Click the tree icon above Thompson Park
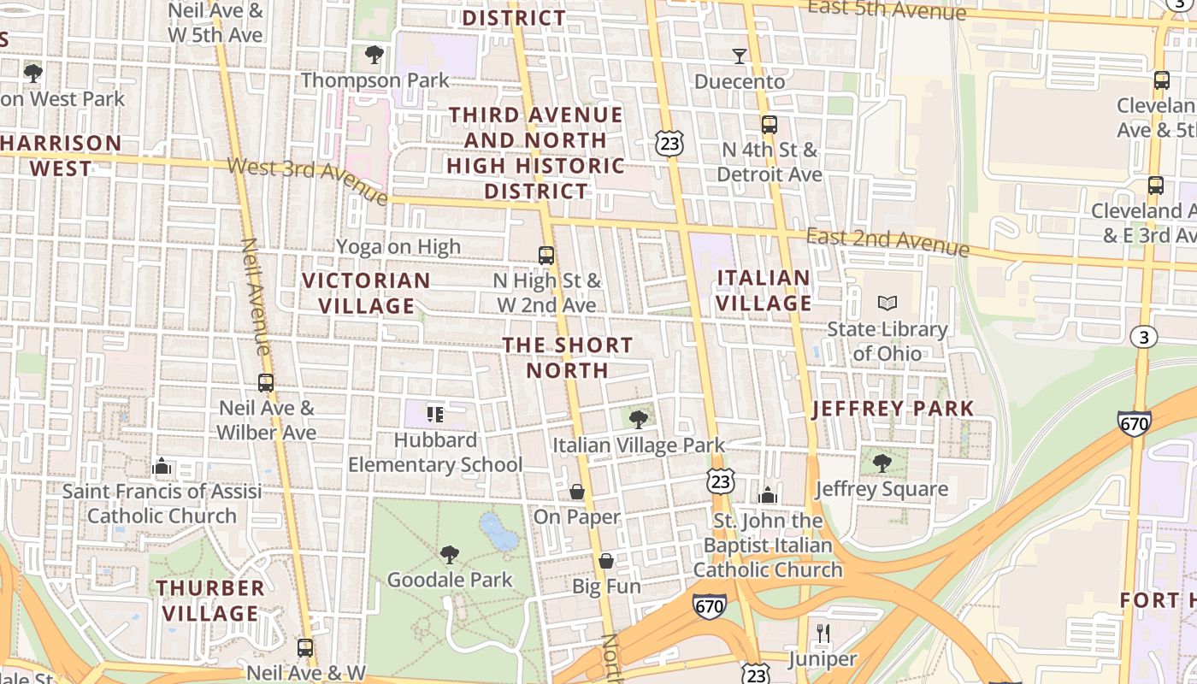pos(374,56)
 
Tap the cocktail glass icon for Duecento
pos(740,56)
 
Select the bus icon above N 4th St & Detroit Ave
pos(769,125)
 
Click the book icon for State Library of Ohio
pos(887,304)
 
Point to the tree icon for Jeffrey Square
pos(882,463)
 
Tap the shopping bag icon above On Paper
pos(577,492)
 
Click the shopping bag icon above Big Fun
pos(606,562)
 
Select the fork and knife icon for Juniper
pos(823,634)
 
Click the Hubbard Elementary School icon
pos(435,415)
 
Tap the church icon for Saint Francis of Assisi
pos(162,466)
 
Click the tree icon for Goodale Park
pos(450,555)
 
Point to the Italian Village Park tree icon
pos(638,419)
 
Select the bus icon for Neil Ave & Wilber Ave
pos(266,383)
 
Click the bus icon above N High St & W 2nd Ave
pos(546,255)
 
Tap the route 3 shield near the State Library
pos(1144,337)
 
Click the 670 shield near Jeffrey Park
pos(1134,422)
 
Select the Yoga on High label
pos(398,247)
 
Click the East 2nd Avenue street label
pos(887,242)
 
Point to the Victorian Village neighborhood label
pos(366,292)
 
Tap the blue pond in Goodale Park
pos(498,532)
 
